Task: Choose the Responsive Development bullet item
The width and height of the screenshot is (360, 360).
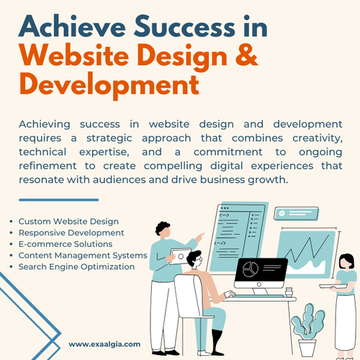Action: pos(71,233)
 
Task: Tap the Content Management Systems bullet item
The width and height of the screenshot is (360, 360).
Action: pos(83,255)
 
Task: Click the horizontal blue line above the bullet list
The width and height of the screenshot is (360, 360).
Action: pos(58,199)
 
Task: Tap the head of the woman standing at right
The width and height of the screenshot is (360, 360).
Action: pos(345,261)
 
